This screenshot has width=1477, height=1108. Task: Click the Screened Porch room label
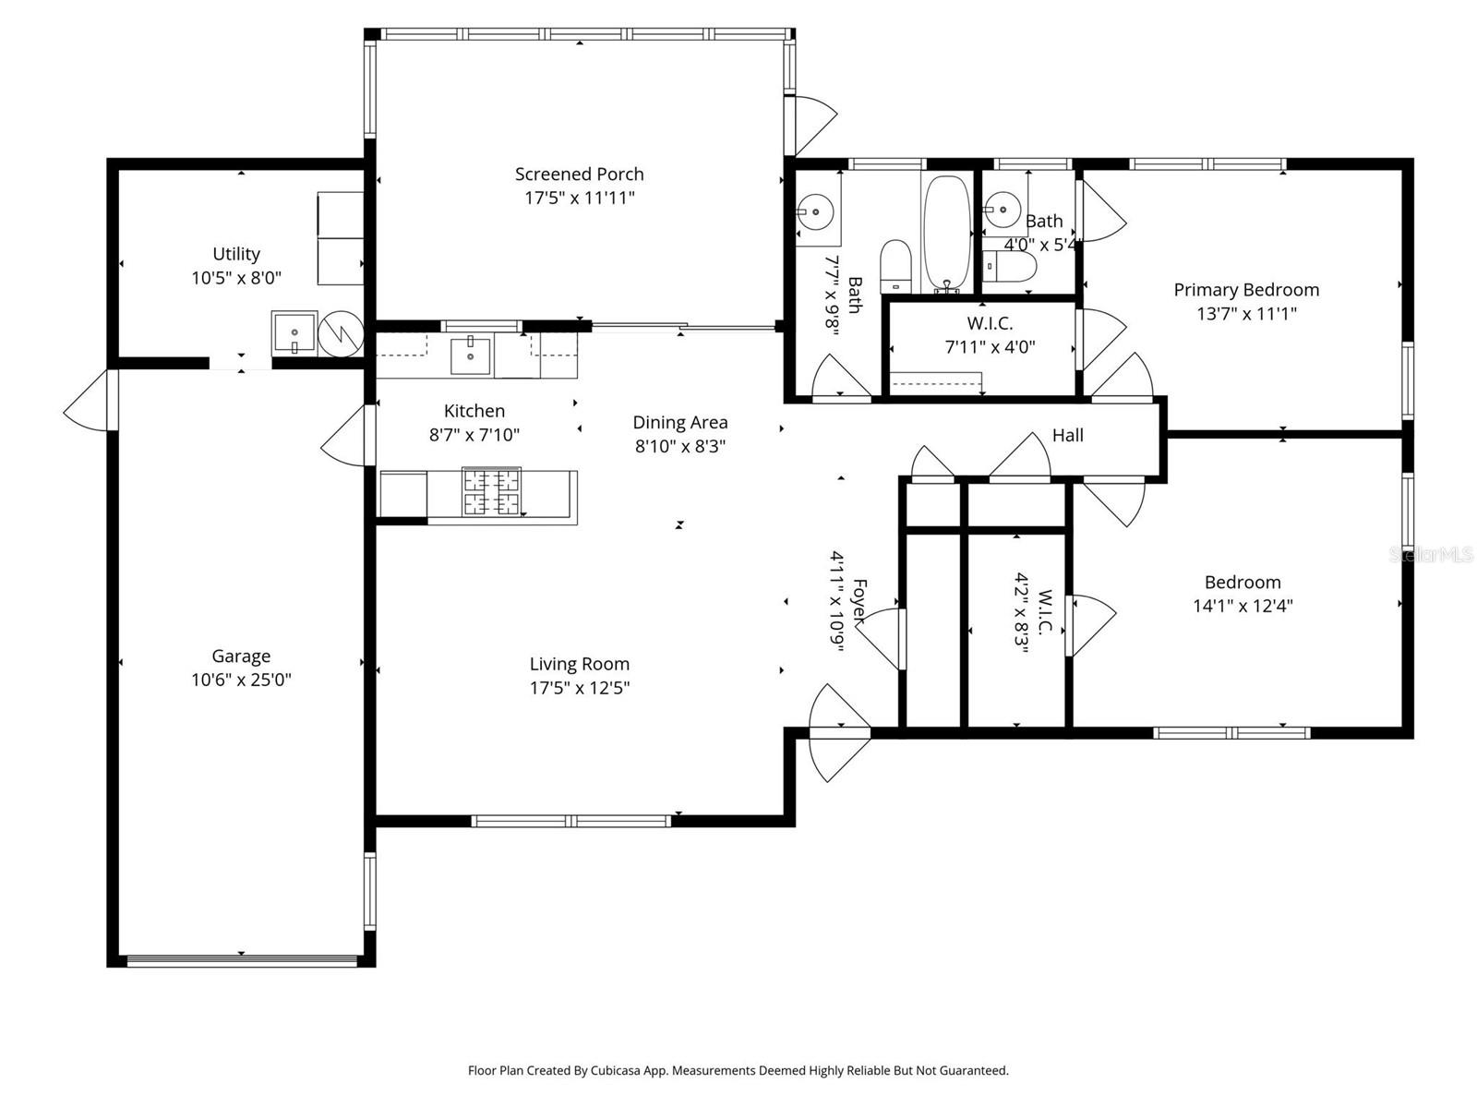tap(579, 174)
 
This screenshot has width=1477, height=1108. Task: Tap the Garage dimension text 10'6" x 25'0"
tap(241, 680)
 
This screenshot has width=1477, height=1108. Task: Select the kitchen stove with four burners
tap(491, 492)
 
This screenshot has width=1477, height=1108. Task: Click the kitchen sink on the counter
tap(471, 355)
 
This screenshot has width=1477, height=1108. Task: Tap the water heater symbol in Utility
tap(340, 332)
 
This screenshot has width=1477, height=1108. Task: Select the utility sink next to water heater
tap(294, 332)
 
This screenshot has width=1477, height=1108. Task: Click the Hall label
tap(1067, 435)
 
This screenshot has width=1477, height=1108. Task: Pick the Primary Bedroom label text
tap(1245, 290)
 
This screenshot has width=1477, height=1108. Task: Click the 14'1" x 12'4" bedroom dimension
tap(1243, 607)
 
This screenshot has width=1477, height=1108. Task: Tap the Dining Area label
tap(679, 423)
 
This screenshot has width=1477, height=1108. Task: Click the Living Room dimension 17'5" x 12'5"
tap(579, 688)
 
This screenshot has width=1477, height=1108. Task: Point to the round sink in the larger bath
tap(815, 212)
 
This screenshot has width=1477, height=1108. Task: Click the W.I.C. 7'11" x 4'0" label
tap(990, 335)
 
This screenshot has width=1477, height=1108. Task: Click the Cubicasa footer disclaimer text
tap(738, 1071)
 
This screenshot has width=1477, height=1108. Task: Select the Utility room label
tap(236, 254)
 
